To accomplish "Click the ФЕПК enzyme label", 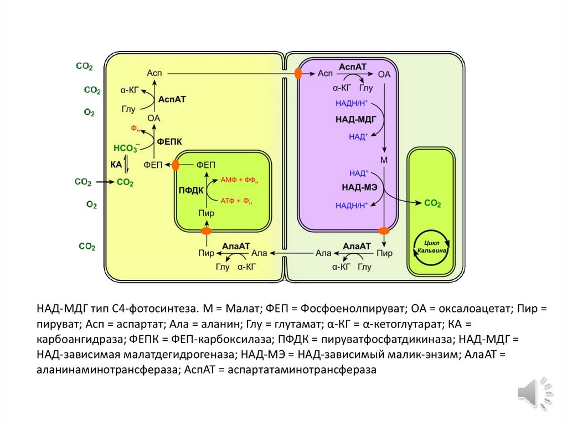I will pyautogui.click(x=170, y=141).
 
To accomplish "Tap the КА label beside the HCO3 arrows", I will pyautogui.click(x=116, y=165).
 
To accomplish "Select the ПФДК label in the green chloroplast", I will pyautogui.click(x=190, y=191).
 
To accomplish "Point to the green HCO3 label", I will pyautogui.click(x=126, y=148).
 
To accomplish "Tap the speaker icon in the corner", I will pyautogui.click(x=533, y=392).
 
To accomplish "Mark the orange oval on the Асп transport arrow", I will pyautogui.click(x=298, y=73).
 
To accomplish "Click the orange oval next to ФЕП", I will pyautogui.click(x=176, y=165).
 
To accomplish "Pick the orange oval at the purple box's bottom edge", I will pyautogui.click(x=384, y=231).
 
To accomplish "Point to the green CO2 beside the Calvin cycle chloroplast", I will pyautogui.click(x=432, y=204).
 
